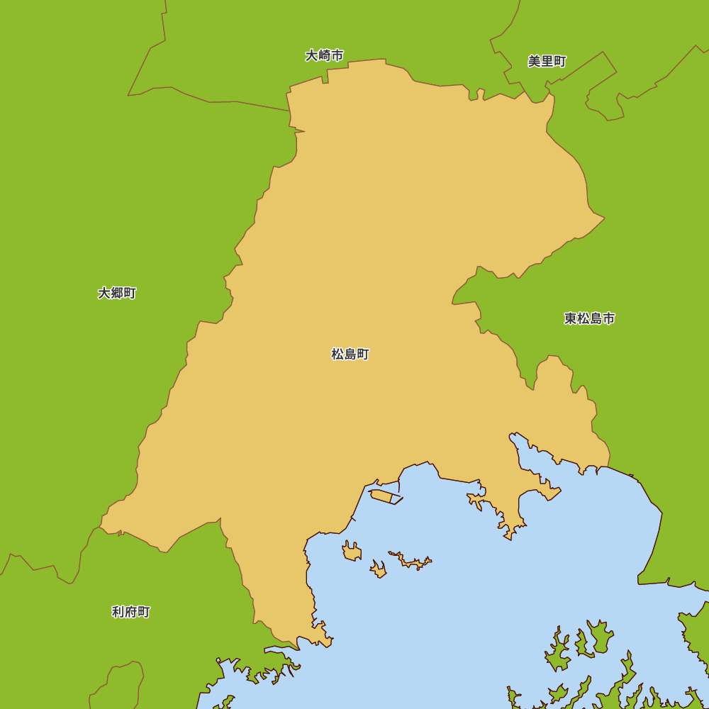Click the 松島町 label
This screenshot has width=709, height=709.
[x=350, y=354]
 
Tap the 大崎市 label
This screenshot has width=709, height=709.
[x=325, y=55]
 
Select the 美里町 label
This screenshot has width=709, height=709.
[x=547, y=61]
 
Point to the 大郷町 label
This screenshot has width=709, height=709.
[x=117, y=293]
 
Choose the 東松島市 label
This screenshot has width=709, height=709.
[x=589, y=318]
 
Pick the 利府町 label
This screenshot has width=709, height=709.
[x=131, y=612]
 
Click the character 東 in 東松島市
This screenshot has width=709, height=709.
[x=571, y=318]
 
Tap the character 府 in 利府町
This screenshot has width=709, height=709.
[x=131, y=612]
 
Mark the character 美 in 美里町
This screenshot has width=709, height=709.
[x=535, y=61]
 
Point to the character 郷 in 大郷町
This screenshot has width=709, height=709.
[x=117, y=293]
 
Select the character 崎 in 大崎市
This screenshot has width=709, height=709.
[x=325, y=55]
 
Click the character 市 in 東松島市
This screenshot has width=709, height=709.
[x=608, y=318]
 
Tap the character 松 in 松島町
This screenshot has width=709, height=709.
[x=337, y=354]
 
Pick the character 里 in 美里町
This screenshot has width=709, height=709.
[x=547, y=61]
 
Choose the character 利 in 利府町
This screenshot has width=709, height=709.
[x=118, y=612]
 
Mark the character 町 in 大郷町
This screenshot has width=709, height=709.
[x=130, y=293]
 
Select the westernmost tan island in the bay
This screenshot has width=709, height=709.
[x=352, y=551]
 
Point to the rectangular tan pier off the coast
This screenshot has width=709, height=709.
[x=384, y=496]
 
